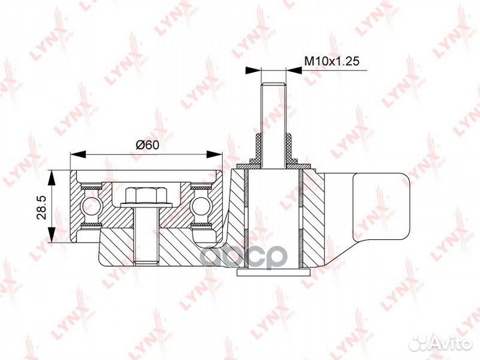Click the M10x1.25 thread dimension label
click(x=332, y=61)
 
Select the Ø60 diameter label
click(x=146, y=145)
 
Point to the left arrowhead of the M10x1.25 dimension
click(x=252, y=69)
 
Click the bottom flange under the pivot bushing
click(x=273, y=270)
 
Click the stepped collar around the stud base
click(x=273, y=150)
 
